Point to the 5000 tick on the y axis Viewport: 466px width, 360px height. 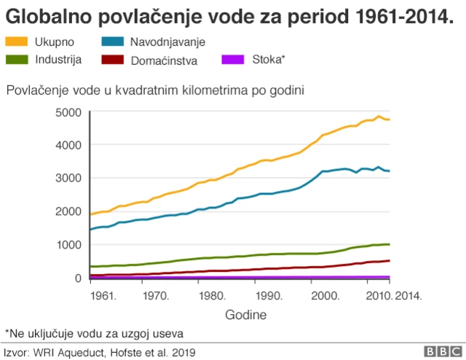(67, 112)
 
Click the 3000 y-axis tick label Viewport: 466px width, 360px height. (67, 179)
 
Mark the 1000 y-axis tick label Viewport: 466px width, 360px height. (67, 245)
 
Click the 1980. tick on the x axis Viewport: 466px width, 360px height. (210, 296)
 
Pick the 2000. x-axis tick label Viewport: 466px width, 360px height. (325, 296)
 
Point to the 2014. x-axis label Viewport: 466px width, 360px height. (408, 296)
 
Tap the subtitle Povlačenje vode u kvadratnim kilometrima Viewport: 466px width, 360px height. (154, 90)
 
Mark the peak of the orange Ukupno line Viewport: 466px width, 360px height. (379, 116)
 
